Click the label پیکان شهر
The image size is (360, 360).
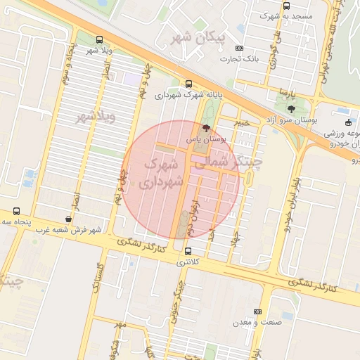click(198, 37)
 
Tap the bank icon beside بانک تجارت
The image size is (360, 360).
click(240, 49)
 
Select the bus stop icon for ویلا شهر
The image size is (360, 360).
click(98, 40)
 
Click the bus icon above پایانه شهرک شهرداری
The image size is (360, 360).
click(188, 84)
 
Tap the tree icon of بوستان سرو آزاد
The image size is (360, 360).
click(291, 109)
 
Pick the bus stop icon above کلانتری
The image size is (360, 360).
click(188, 251)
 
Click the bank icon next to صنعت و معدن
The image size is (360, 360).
click(257, 311)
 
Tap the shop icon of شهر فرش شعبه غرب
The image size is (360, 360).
click(86, 219)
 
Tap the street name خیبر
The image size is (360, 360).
click(242, 124)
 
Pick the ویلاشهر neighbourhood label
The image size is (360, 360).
click(94, 117)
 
